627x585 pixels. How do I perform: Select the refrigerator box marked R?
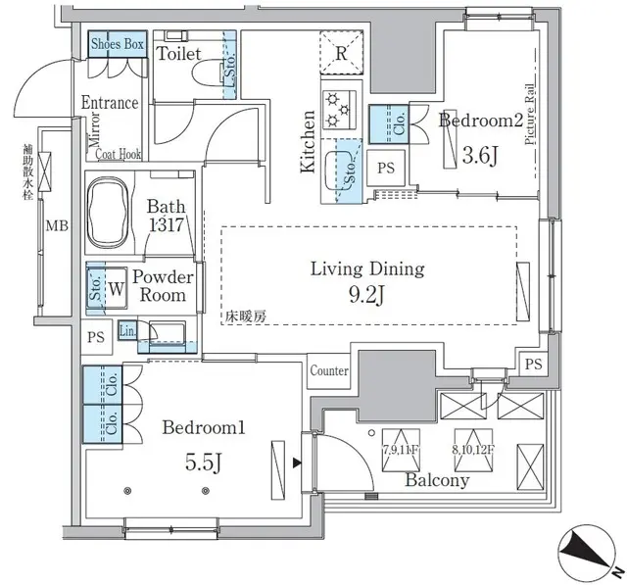(339, 54)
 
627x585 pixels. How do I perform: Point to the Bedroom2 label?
(479, 122)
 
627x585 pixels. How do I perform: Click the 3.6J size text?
(480, 153)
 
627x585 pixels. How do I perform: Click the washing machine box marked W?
(116, 290)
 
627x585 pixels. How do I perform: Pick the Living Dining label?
(366, 268)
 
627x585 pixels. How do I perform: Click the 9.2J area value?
(368, 293)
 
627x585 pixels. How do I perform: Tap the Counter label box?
(329, 371)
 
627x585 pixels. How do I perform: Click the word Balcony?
(438, 480)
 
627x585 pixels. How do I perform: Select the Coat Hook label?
(119, 153)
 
